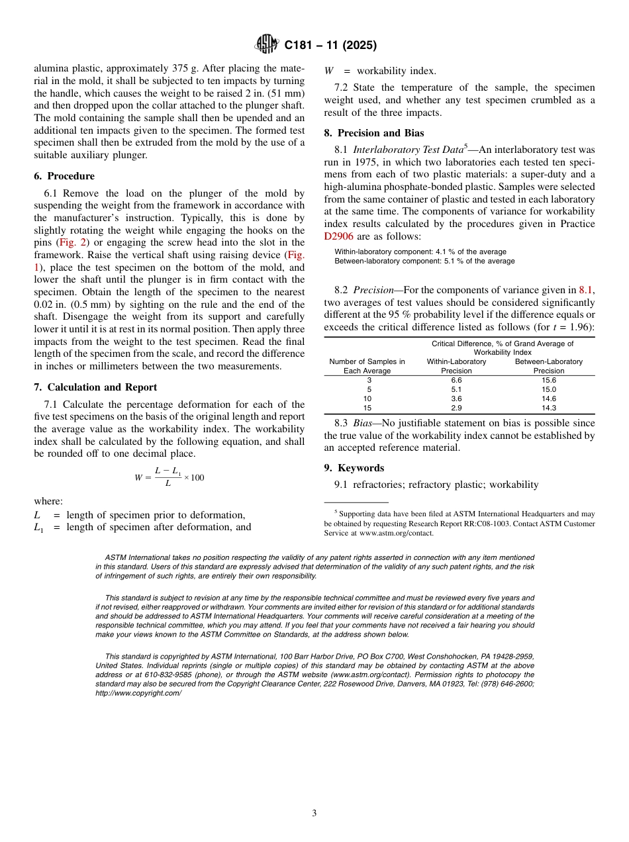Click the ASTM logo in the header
267,45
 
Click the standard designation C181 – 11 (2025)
330,46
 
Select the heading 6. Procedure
64,176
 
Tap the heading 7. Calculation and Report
95,387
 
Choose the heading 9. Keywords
354,468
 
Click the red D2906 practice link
338,236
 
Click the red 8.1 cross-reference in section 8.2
586,290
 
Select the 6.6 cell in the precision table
456,381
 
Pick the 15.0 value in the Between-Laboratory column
548,390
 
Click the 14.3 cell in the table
548,408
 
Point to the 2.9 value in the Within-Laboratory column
456,408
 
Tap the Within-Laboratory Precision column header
456,366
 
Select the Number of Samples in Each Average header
367,366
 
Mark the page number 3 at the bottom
314,814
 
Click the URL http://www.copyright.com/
138,693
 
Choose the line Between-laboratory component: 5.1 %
424,261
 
